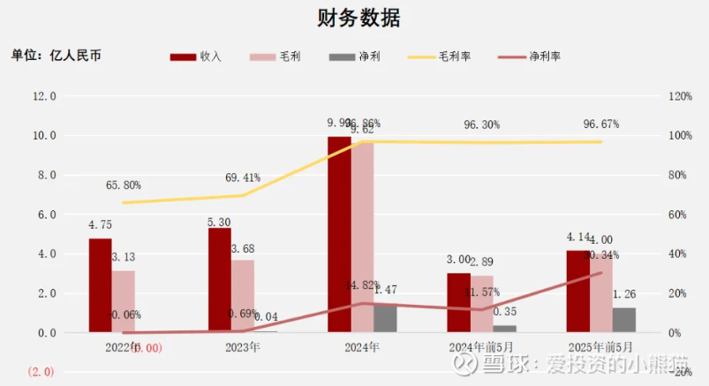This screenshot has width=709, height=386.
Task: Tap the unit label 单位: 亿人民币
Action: point(56,55)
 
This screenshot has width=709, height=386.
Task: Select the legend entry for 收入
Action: point(196,56)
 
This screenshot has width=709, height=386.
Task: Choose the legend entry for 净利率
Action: point(527,56)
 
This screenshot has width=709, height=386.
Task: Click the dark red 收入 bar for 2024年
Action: point(339,234)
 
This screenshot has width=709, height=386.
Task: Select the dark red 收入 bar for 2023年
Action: point(220,280)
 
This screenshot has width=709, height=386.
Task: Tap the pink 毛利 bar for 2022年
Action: point(124,301)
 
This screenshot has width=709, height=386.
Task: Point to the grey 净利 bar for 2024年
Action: point(385,319)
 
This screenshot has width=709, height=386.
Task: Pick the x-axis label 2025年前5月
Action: point(600,348)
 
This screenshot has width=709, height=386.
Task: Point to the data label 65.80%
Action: point(123,185)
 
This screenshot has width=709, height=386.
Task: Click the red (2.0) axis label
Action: point(41,372)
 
